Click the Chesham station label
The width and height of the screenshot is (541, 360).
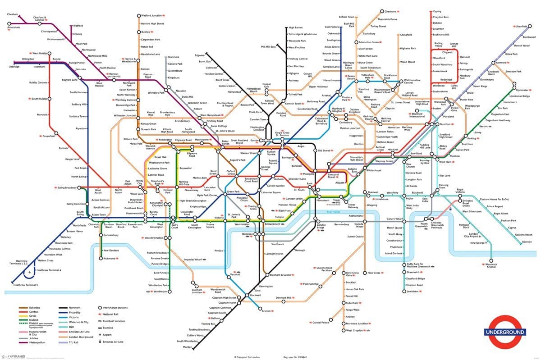12,14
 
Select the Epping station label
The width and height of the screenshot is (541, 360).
437,11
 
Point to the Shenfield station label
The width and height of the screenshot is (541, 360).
522,26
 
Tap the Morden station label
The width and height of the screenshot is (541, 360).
188,347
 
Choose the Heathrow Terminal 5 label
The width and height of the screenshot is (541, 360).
26,285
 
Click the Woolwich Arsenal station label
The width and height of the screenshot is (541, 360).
491,265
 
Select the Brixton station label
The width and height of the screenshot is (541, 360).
266,311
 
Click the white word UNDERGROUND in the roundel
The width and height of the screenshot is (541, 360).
504,333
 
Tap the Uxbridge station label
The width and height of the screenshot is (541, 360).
14,67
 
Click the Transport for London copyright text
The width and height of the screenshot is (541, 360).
248,357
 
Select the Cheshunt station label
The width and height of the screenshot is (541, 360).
389,11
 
